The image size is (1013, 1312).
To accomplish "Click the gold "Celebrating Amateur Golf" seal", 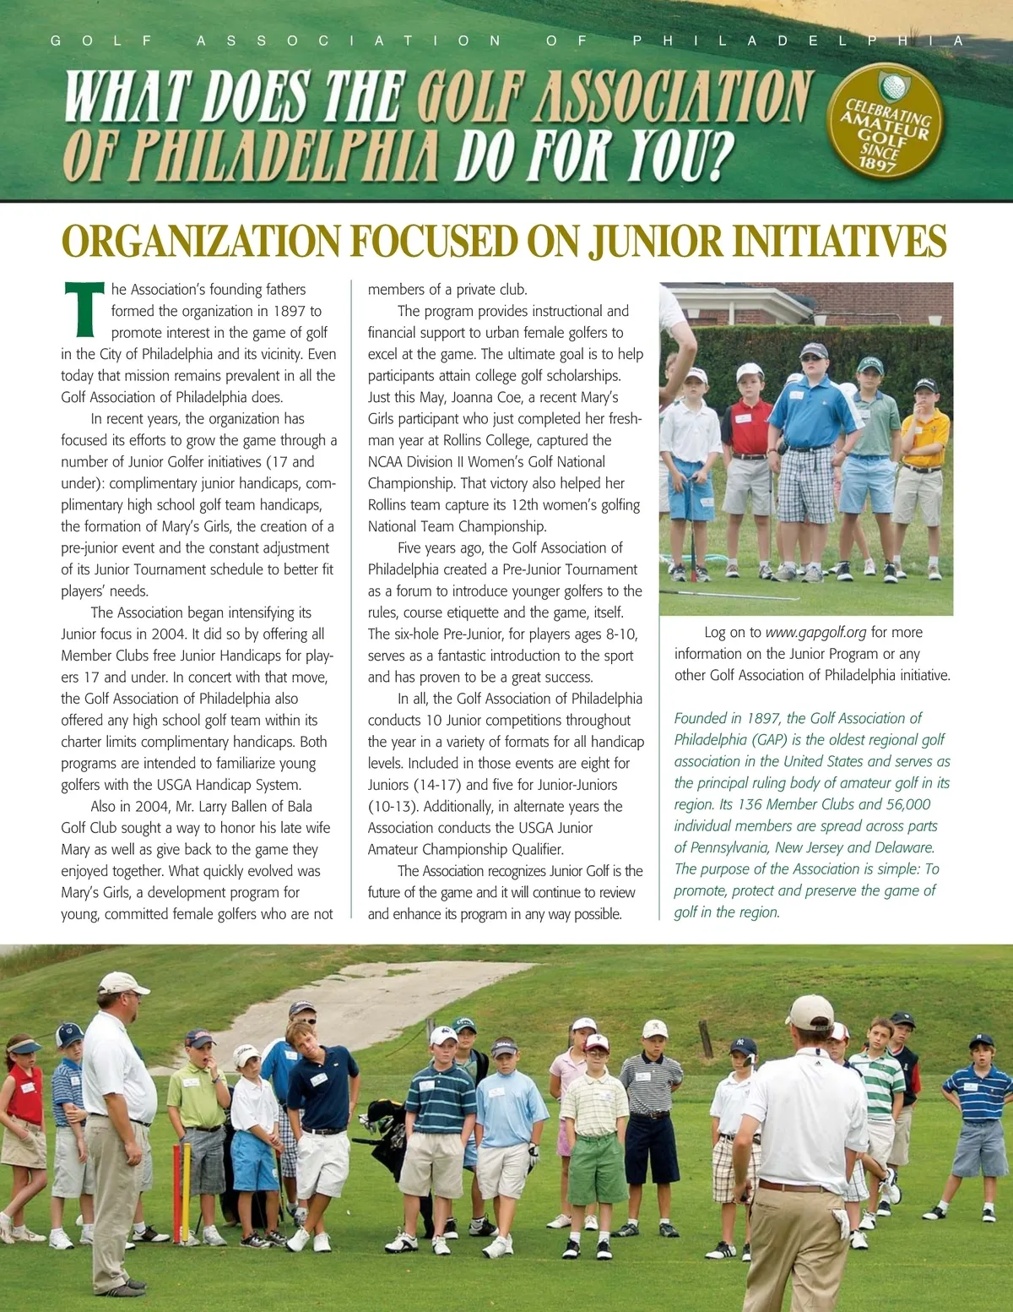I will click(886, 120).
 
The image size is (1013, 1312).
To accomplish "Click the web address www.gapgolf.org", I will click(815, 633).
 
